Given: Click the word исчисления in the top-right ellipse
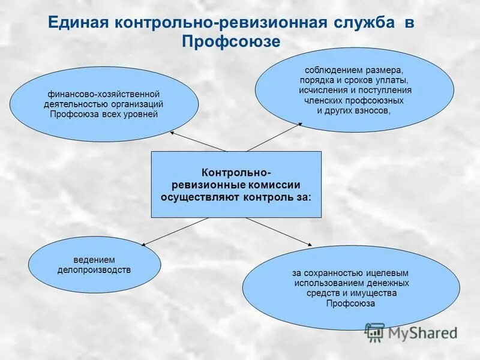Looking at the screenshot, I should point(320,90).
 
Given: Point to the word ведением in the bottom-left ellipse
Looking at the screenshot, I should point(94,260).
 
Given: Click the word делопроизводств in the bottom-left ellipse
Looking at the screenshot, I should point(94,270).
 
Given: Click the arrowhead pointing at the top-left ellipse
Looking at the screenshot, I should point(173,132).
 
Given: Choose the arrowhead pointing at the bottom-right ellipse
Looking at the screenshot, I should point(310,243).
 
